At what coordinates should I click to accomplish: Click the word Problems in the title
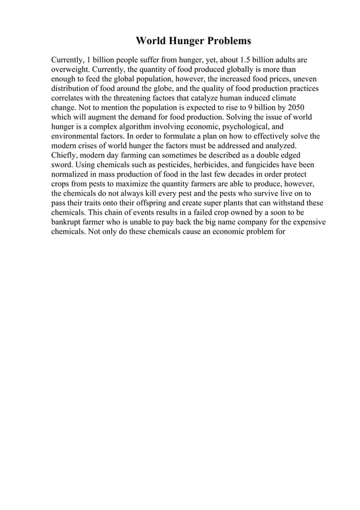click(225, 41)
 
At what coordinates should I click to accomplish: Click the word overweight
click(71, 69)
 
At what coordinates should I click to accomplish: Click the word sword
click(62, 165)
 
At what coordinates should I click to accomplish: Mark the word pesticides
click(172, 165)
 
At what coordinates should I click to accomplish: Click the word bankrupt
click(70, 223)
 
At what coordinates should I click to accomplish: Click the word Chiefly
click(65, 155)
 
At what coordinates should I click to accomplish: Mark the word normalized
click(73, 175)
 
